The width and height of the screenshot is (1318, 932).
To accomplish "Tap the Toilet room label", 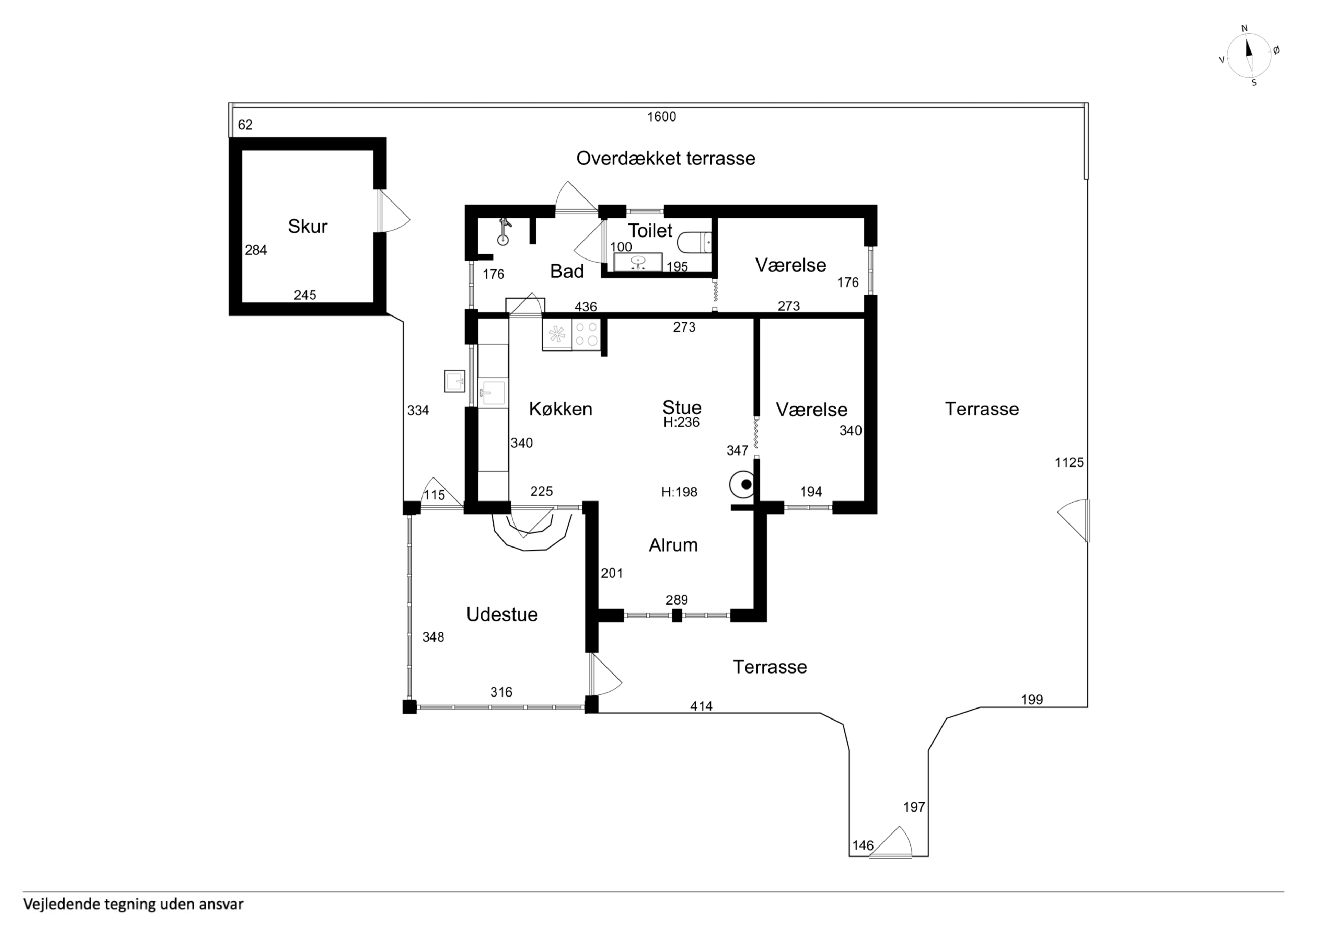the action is tap(650, 230).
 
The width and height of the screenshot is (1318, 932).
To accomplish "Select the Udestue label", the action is tap(502, 614).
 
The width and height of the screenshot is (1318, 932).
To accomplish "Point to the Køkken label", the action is tap(560, 409).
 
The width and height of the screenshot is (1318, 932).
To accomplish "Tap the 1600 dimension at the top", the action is tap(662, 117).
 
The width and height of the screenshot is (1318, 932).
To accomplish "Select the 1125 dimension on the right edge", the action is tap(1069, 462).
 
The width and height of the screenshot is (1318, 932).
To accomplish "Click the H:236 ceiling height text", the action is tap(681, 422).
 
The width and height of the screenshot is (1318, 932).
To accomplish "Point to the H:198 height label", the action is tap(679, 492).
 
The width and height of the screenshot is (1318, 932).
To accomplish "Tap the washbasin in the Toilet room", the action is tap(638, 262).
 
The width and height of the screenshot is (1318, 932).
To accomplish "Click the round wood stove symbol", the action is tap(742, 485).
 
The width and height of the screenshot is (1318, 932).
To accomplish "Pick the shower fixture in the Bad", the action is tap(504, 232).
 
